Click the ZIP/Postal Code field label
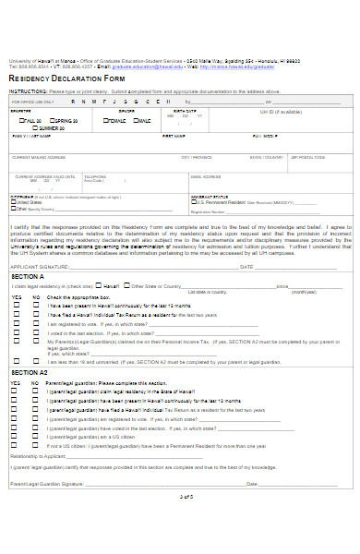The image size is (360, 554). point(308,157)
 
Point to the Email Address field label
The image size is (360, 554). point(206,176)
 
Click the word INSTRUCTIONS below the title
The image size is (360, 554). point(28,92)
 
